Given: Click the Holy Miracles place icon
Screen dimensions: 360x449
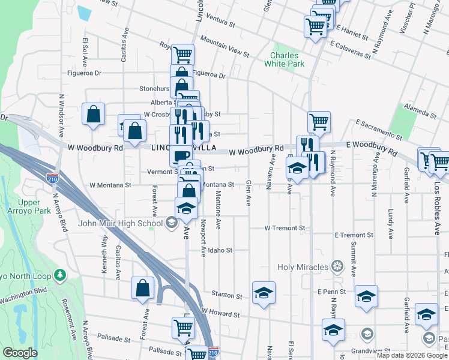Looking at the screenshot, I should pyautogui.click(x=337, y=266).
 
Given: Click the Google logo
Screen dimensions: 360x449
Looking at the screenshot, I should pyautogui.click(x=20, y=353).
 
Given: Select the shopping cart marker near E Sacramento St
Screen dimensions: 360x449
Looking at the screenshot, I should pyautogui.click(x=319, y=122).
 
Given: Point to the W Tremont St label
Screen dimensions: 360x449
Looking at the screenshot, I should pyautogui.click(x=286, y=229).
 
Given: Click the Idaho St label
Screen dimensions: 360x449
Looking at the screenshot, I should pyautogui.click(x=220, y=250).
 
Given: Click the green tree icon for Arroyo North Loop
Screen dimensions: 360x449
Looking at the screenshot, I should pyautogui.click(x=59, y=274).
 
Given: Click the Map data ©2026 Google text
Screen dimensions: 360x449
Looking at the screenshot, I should pyautogui.click(x=411, y=355).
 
